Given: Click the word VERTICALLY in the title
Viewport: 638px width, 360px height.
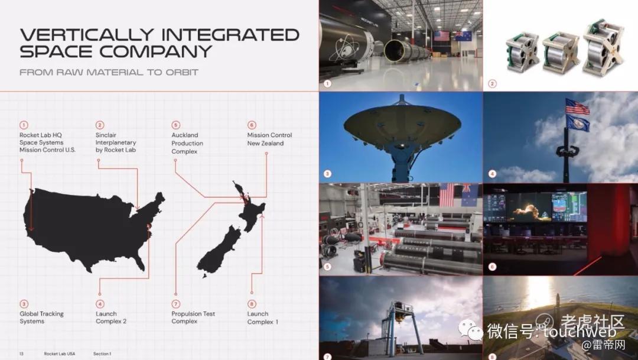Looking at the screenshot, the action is (87, 35).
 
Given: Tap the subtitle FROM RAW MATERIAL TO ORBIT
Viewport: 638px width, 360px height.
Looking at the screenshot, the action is (109, 73).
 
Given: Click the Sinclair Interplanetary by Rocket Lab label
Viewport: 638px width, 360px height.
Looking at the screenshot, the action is (116, 142).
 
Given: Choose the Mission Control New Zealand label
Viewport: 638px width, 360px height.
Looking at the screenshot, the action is (269, 140).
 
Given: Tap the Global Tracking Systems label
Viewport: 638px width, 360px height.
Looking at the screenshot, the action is (41, 317).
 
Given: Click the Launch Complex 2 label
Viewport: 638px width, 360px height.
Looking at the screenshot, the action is (111, 317).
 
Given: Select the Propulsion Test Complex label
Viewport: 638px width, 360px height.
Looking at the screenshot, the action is (193, 317).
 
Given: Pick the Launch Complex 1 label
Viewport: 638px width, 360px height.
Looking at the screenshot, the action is (263, 317).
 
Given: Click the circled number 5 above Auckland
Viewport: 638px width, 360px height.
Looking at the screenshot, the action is (175, 125).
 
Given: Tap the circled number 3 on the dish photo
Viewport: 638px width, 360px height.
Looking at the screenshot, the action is (327, 174).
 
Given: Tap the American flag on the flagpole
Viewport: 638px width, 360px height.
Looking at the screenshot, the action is (577, 106).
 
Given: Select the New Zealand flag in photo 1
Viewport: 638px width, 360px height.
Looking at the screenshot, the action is (464, 36).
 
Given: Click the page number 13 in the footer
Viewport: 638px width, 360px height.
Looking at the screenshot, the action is (22, 354).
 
